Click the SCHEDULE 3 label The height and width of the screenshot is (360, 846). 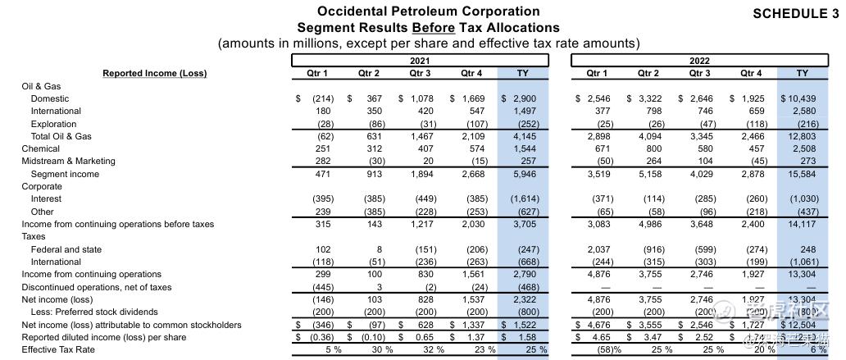point(796,13)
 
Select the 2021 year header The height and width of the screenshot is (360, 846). point(419,61)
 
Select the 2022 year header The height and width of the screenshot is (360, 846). point(699,61)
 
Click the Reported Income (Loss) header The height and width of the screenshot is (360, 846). point(154,74)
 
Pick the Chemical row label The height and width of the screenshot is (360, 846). point(40,148)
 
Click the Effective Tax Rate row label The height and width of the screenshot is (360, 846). point(58,350)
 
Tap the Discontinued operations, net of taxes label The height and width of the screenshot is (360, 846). point(97,287)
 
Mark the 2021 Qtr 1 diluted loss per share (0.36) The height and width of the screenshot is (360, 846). point(316,337)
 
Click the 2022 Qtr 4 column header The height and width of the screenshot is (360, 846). point(751,74)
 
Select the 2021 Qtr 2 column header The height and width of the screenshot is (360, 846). point(368,74)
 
